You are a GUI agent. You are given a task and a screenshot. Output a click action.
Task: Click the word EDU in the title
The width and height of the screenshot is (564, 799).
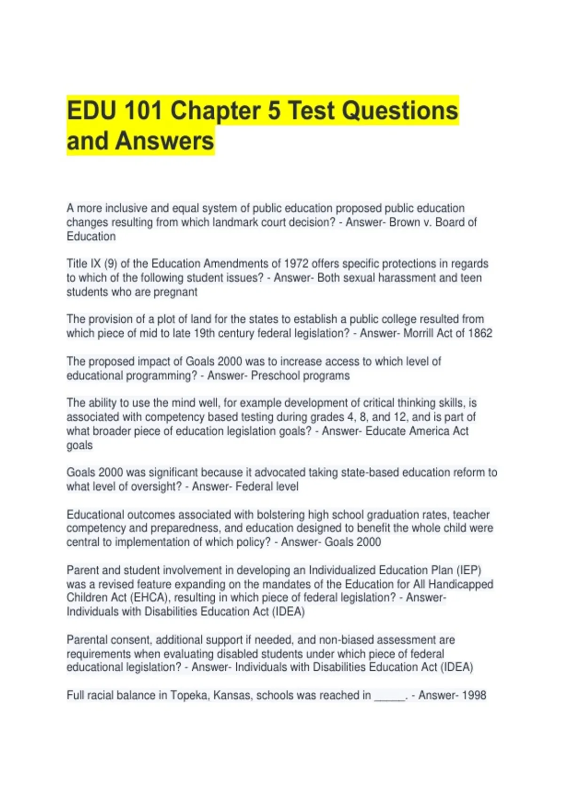pos(91,111)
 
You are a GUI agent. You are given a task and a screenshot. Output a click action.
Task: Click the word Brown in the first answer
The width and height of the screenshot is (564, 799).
pos(405,222)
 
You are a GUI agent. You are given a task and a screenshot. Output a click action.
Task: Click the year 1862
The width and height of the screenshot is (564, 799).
pos(480,333)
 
